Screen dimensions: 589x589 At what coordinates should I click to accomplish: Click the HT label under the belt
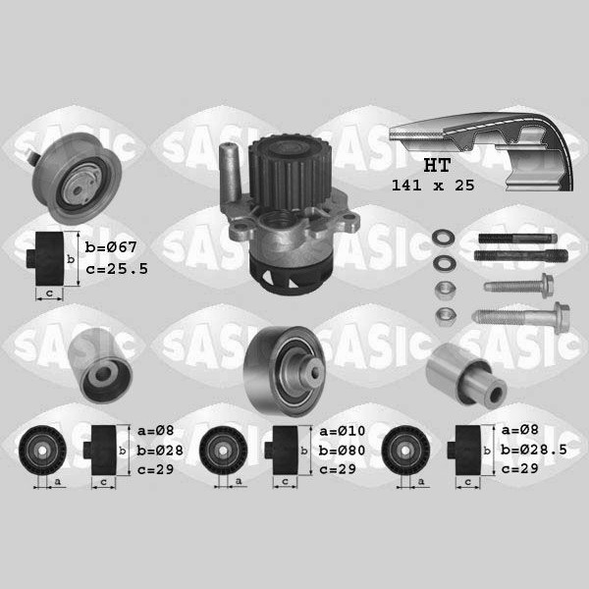click(x=437, y=165)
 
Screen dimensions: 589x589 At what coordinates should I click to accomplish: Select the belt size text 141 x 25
click(x=433, y=186)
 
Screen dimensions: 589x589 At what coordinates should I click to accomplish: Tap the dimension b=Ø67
click(x=111, y=247)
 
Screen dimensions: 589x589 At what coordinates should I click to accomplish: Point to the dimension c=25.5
click(x=117, y=269)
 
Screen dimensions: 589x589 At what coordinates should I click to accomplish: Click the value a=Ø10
click(x=343, y=431)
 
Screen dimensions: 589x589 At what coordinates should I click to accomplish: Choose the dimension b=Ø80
click(x=342, y=450)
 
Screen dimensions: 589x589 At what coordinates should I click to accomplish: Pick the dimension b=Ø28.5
click(x=534, y=450)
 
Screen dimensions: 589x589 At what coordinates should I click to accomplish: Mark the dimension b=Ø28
click(x=160, y=450)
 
